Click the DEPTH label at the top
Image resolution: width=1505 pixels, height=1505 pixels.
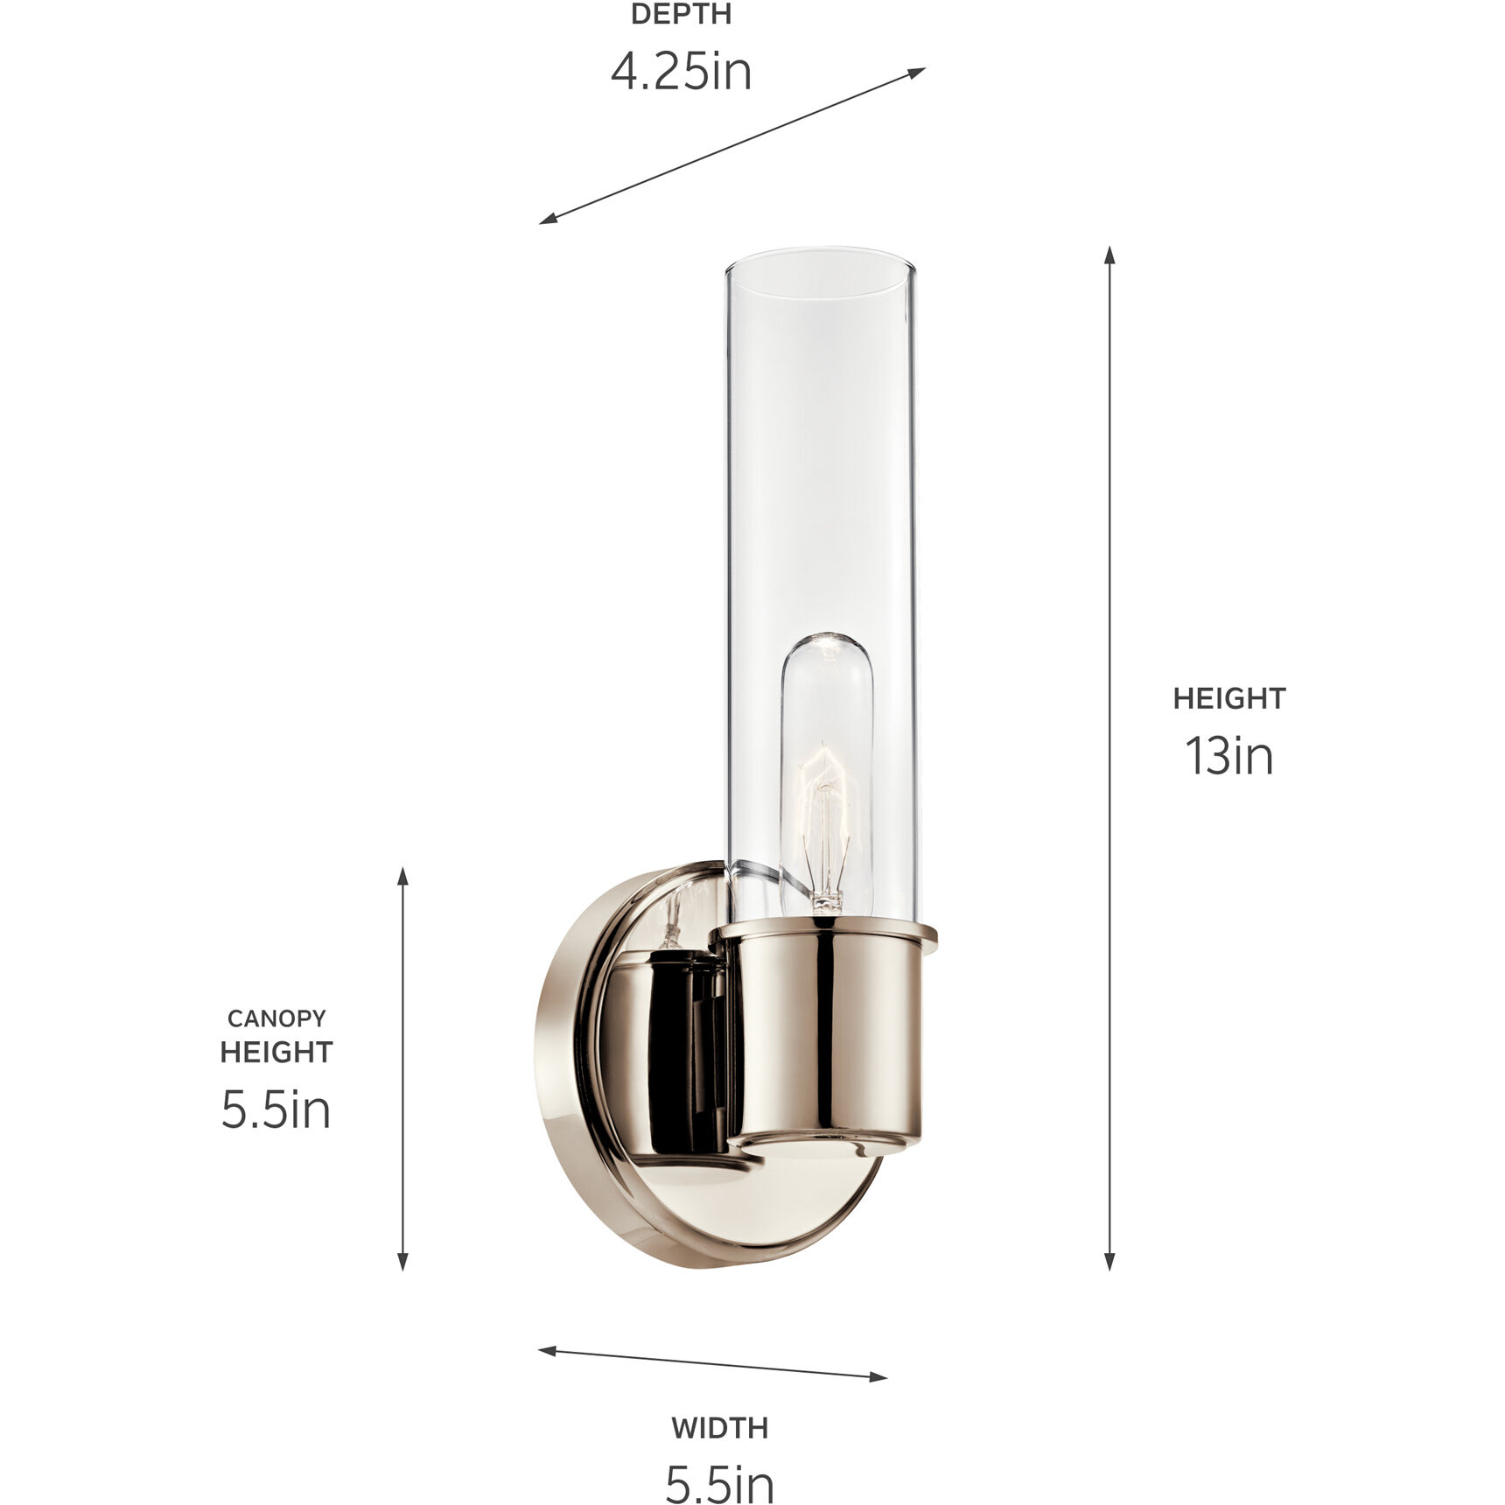coord(681,14)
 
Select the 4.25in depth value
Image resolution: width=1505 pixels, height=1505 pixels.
coord(681,72)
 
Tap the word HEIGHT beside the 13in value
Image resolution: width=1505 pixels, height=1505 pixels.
coord(1228,698)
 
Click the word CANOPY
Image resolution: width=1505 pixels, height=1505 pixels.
coord(276,1018)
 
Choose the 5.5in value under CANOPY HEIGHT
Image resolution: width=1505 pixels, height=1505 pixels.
coord(276,1110)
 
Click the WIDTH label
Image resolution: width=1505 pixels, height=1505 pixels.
coord(719,1428)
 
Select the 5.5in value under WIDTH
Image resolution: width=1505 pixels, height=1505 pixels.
coord(719,1484)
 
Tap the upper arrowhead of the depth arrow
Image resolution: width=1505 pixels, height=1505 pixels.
coord(918,72)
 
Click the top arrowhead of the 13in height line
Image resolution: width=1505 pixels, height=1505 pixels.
coord(1109,255)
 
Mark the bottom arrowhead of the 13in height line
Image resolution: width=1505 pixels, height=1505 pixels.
coord(1109,1261)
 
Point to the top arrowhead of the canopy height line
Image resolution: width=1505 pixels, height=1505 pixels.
coord(403,876)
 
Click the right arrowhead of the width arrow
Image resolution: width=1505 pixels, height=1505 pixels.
coord(879,1377)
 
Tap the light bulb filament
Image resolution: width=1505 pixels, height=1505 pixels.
coord(823,814)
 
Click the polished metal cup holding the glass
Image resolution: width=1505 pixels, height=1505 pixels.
coord(827,1041)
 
